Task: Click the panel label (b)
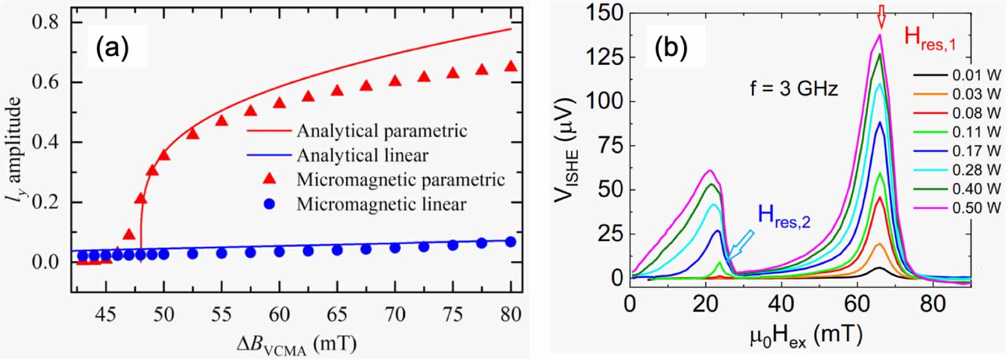click(x=671, y=48)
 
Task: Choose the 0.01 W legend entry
click(x=976, y=76)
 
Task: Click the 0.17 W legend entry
click(x=976, y=151)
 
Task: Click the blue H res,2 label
click(x=784, y=217)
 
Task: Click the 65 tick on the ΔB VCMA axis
click(x=337, y=313)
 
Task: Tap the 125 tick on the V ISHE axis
click(x=605, y=57)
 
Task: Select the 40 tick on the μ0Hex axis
click(x=781, y=304)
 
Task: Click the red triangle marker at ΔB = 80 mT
click(x=510, y=65)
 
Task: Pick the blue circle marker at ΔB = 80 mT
click(x=510, y=242)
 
